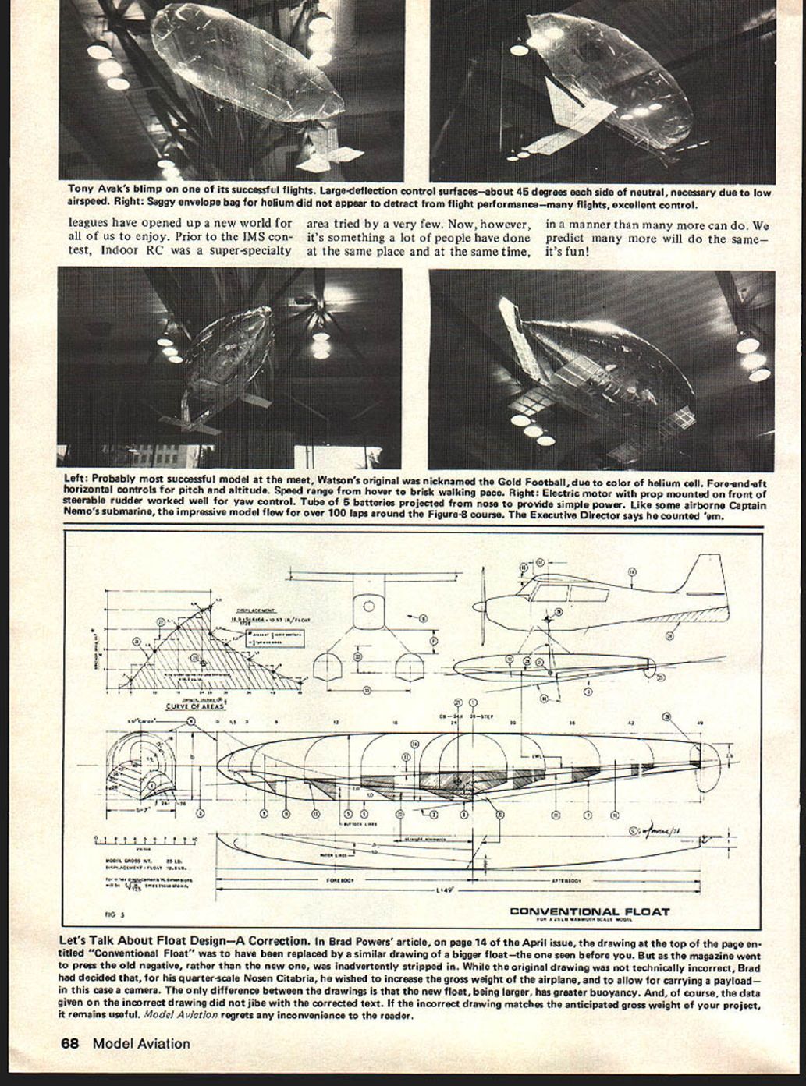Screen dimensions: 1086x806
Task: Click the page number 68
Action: click(73, 1043)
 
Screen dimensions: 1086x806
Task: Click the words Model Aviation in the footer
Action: click(140, 1043)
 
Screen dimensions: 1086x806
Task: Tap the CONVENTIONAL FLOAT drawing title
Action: click(589, 911)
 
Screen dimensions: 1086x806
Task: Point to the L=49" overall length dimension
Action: click(450, 889)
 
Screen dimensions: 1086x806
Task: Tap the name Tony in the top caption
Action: click(80, 189)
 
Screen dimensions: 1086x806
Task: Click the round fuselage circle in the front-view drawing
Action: click(369, 606)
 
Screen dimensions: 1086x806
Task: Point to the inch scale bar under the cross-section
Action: click(145, 840)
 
